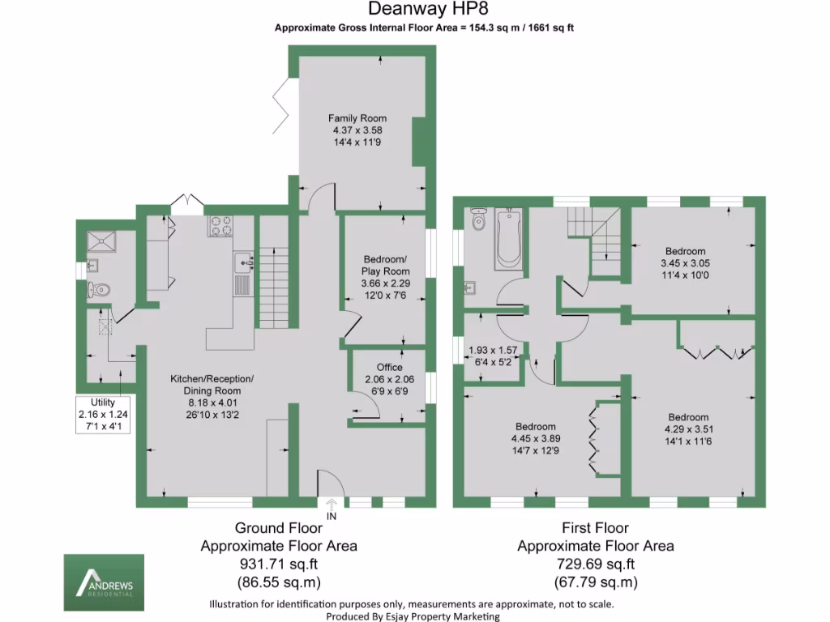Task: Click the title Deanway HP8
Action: pos(414,10)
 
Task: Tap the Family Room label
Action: pos(357,118)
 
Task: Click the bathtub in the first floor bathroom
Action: pos(508,239)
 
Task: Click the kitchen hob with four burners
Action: pos(220,225)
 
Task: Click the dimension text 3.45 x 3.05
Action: pos(685,263)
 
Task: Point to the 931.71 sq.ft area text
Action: pos(278,564)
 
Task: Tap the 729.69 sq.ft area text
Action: pos(595,564)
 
